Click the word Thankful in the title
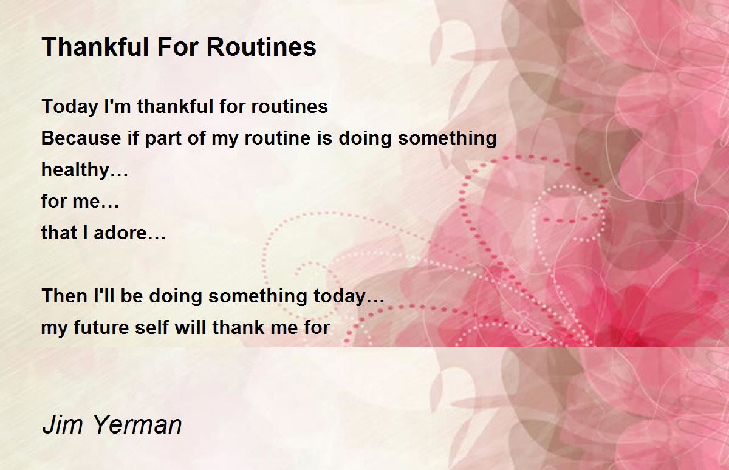pyautogui.click(x=96, y=47)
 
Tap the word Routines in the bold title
pyautogui.click(x=261, y=47)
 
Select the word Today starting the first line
pyautogui.click(x=70, y=107)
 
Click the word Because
pyautogui.click(x=81, y=138)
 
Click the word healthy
pyautogui.click(x=76, y=171)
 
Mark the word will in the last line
pyautogui.click(x=190, y=327)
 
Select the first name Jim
pyautogui.click(x=63, y=425)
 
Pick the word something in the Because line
pyautogui.click(x=448, y=139)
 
